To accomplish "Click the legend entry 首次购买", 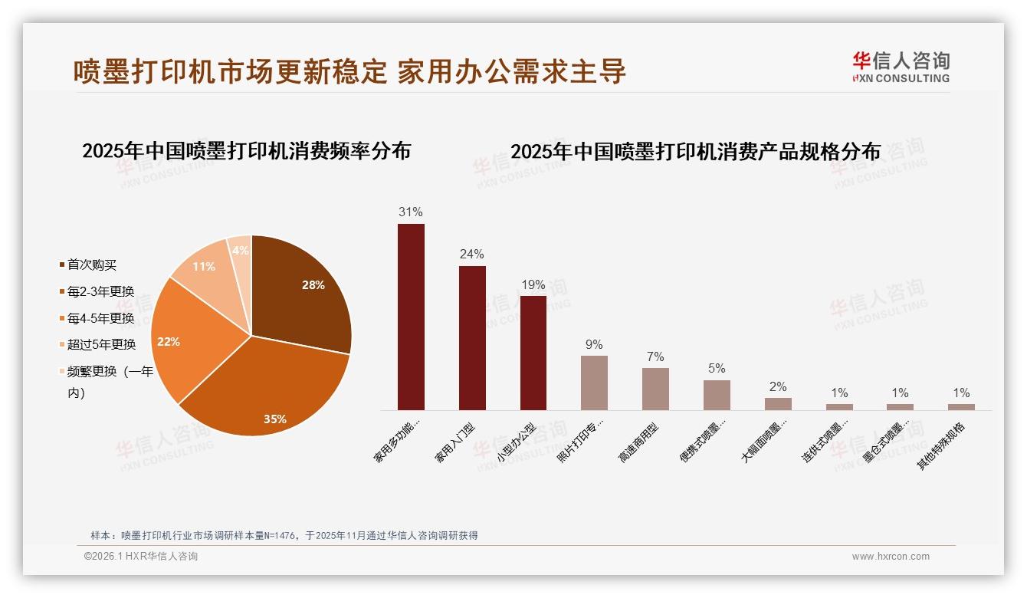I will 91,265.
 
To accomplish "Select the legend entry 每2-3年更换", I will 100,291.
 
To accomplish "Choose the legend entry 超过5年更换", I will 100,344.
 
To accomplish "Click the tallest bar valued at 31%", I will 411,317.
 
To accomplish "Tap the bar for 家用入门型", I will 472,338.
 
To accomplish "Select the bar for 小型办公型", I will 533,353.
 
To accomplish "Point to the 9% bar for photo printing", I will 594,383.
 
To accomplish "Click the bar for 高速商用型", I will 655,389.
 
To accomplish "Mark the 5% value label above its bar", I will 717,368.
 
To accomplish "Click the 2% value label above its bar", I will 778,386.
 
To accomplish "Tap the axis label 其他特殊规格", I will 943,446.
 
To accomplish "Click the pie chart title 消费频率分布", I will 246,150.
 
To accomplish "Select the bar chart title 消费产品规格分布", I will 695,151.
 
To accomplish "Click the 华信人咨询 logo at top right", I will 901,67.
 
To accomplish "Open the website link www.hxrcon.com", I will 890,557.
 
